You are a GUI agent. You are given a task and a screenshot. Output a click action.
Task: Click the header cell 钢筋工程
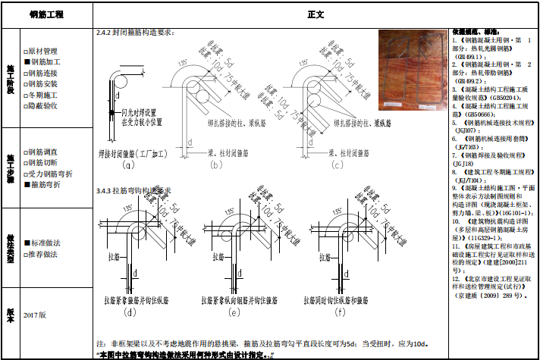pyautogui.click(x=46, y=14)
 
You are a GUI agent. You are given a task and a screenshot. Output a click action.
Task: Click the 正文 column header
pyautogui.click(x=316, y=14)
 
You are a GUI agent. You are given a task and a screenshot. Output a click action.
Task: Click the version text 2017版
pyautogui.click(x=35, y=314)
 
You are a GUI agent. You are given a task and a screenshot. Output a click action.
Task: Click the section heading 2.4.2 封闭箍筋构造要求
pyautogui.click(x=137, y=33)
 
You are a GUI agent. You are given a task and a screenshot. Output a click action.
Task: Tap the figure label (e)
pyautogui.click(x=233, y=311)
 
